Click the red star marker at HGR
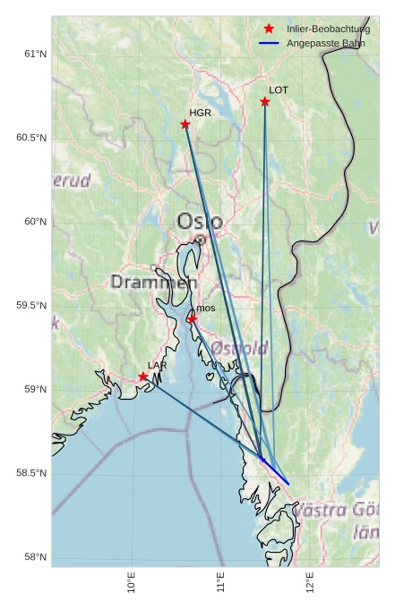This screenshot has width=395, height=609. (x=185, y=124)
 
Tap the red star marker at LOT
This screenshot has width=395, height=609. (x=265, y=102)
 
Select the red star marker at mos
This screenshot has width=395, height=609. (x=193, y=318)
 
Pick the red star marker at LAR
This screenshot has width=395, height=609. (x=143, y=376)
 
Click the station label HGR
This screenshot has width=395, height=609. (x=200, y=114)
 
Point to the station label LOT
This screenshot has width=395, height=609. (x=279, y=90)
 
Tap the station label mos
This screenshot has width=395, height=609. (x=206, y=308)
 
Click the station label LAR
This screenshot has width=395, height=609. (x=158, y=366)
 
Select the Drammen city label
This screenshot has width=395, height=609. (x=153, y=283)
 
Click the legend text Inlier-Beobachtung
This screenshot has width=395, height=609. (x=328, y=30)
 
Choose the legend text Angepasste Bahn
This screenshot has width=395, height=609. (x=325, y=43)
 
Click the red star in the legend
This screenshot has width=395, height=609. (x=269, y=30)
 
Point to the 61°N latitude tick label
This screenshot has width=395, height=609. (x=35, y=54)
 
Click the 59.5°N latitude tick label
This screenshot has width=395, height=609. (x=31, y=306)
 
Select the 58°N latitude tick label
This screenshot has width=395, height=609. (x=35, y=557)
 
